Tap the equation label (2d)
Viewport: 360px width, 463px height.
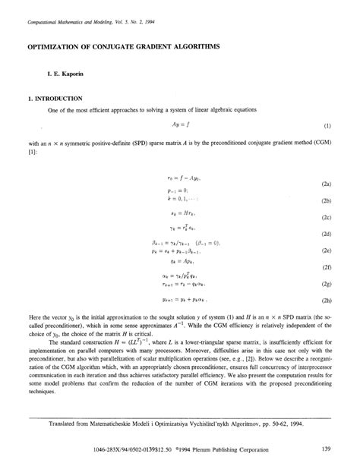[x=326, y=235]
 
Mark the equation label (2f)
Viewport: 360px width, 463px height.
[x=326, y=267]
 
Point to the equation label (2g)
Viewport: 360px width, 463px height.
[x=326, y=284]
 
